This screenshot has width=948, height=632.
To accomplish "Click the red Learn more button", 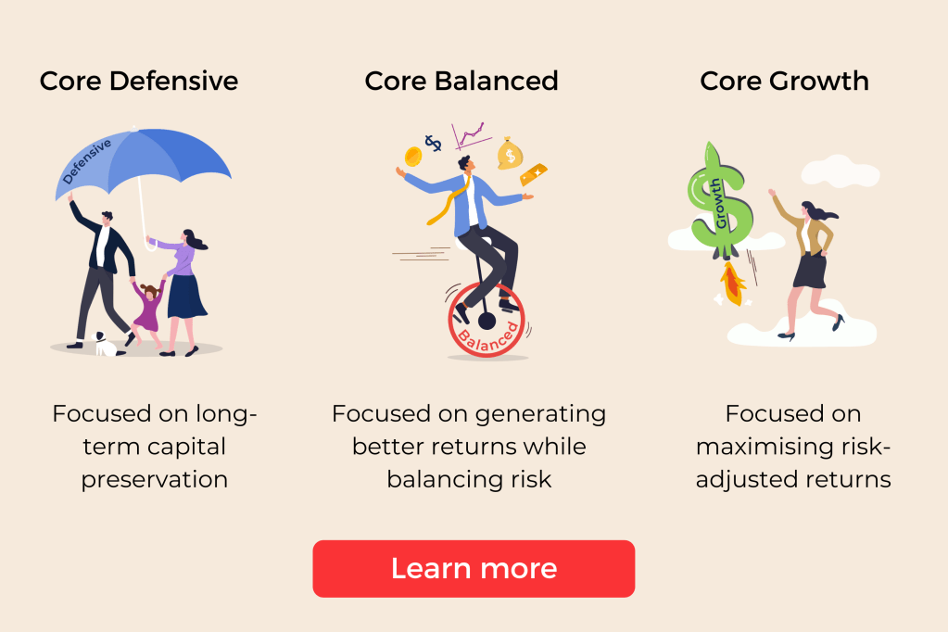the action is pos(474,568).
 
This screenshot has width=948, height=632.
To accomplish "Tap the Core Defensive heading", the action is pos(139,81).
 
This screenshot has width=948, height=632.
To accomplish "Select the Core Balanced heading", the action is pos(461,81).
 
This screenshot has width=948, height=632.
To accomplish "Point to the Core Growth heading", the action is pos(784,81).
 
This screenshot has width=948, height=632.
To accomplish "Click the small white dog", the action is pos(104,344).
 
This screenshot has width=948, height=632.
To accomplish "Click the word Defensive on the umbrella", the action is pos(87,161).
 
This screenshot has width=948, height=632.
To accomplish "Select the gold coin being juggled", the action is pos(413,157).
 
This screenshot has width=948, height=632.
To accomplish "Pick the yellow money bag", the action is pos(510,154).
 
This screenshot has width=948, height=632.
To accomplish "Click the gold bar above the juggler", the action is pos(533,174).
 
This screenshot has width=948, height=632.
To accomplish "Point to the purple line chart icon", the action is pos(471,136).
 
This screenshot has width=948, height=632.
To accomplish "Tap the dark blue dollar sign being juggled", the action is pos(433,143).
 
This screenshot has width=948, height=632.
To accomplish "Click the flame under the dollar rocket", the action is pos(732,284).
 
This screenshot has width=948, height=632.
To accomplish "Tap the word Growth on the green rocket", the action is pos(717,203).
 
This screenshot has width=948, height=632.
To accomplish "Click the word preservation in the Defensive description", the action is pos(155,480).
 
